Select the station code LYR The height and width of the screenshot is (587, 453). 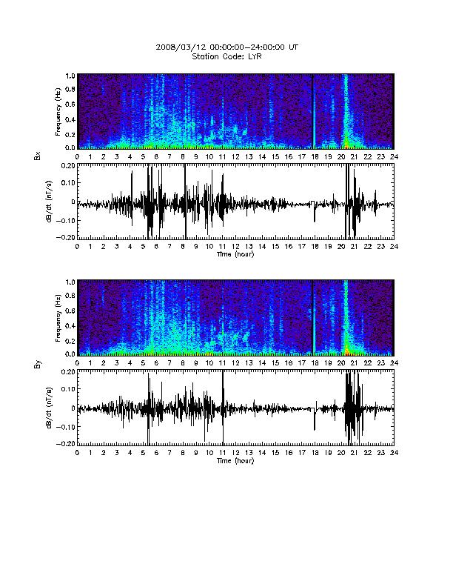click(254, 56)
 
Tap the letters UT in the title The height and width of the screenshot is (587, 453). click(293, 47)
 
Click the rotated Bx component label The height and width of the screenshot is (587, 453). click(37, 156)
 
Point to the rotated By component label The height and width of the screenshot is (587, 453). click(37, 364)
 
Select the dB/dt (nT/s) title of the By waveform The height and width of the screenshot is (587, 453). click(49, 408)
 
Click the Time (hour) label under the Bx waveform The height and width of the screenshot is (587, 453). click(235, 254)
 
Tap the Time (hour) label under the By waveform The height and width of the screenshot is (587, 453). click(235, 460)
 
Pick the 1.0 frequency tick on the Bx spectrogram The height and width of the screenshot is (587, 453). click(70, 76)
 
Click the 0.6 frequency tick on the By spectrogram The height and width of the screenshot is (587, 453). click(70, 311)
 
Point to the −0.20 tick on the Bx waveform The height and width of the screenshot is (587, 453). click(65, 237)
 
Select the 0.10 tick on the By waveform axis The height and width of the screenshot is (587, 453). click(67, 389)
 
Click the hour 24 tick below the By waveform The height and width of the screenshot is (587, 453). click(394, 453)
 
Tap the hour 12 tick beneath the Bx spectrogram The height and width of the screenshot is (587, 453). click(235, 157)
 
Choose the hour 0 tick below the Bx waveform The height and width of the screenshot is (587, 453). click(78, 246)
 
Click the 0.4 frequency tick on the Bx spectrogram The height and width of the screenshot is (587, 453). click(70, 120)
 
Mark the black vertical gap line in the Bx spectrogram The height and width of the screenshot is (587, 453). click(312, 111)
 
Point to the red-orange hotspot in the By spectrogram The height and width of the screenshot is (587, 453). click(346, 351)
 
